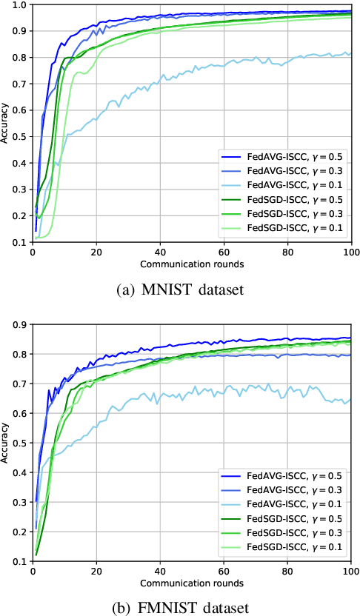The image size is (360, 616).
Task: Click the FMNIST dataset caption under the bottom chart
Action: coord(179,608)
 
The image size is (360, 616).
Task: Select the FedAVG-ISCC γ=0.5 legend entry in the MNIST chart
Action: coord(282,157)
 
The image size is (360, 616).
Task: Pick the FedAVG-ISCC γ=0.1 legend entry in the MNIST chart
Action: coord(282,185)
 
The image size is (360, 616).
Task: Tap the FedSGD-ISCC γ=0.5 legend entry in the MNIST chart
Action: coord(282,199)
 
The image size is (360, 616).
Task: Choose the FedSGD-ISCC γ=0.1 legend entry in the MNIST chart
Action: coord(282,227)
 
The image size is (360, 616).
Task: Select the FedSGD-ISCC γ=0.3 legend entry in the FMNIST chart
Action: coord(282,533)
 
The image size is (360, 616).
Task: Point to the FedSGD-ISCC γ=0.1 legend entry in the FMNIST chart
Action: coord(282,547)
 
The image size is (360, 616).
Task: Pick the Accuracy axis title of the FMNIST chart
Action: coord(6,443)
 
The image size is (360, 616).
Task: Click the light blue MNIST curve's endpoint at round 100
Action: coord(350,53)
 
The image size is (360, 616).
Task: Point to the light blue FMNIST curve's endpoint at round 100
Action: coord(350,400)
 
